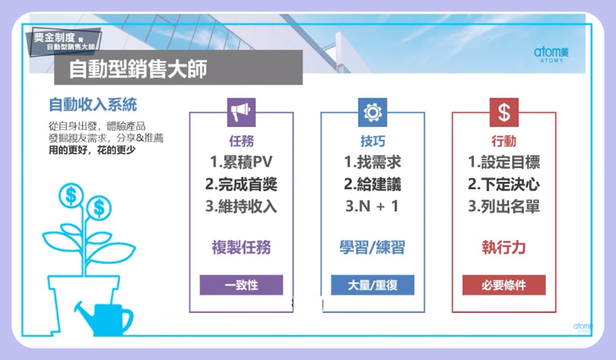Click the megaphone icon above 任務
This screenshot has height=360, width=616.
click(x=241, y=113)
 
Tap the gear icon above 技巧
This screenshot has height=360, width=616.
click(x=372, y=113)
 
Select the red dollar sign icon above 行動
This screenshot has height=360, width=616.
click(x=504, y=113)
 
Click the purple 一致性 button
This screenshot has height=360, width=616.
click(x=241, y=285)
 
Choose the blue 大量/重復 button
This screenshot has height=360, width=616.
click(x=372, y=285)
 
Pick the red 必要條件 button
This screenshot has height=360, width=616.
click(x=504, y=285)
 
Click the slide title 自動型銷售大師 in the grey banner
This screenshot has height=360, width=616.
click(x=138, y=69)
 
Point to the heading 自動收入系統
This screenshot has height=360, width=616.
click(x=93, y=105)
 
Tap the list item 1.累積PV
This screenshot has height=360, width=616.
click(x=241, y=161)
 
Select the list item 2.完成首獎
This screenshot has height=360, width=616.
click(x=241, y=184)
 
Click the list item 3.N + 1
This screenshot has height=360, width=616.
click(x=372, y=206)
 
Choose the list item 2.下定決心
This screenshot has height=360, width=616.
click(x=504, y=184)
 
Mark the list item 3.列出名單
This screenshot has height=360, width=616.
click(x=504, y=206)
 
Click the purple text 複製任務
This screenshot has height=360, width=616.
click(x=241, y=247)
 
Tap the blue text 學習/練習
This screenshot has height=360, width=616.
click(x=372, y=247)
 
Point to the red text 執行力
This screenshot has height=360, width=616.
click(x=504, y=247)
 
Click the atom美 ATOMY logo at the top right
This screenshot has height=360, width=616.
click(x=551, y=54)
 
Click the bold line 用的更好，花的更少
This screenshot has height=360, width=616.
click(x=92, y=150)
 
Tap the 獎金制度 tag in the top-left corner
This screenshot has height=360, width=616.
click(x=64, y=41)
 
